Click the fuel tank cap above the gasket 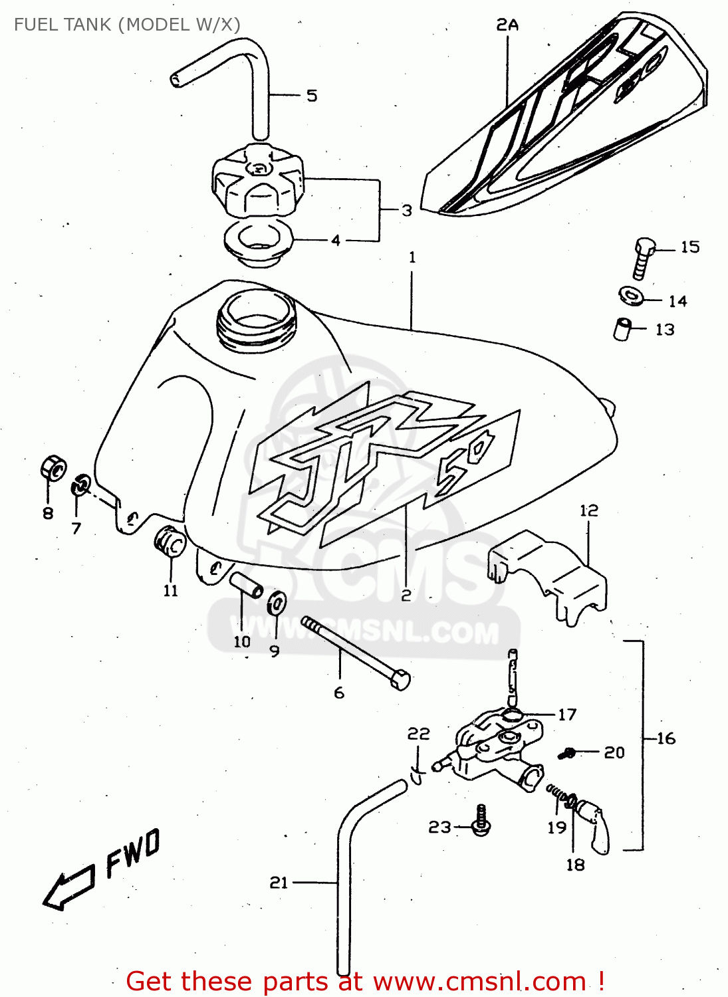(x=258, y=179)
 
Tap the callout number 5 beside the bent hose (x=312, y=96)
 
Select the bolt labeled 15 (x=642, y=258)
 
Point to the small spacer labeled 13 (x=621, y=329)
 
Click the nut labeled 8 (x=52, y=467)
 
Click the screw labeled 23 (x=481, y=821)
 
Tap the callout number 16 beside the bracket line (x=666, y=738)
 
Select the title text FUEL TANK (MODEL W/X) (x=127, y=25)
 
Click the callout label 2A (x=507, y=25)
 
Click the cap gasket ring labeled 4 (x=258, y=243)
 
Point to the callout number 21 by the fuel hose (x=279, y=882)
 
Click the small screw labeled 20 (x=568, y=752)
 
